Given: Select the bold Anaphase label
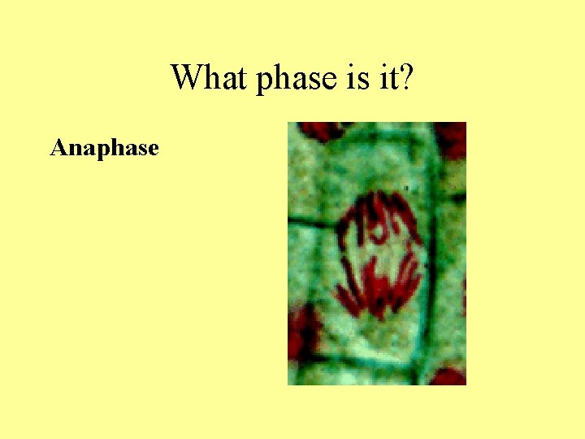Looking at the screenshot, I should (104, 149).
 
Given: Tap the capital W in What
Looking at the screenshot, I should (186, 78).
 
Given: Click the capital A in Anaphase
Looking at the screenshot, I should (58, 148).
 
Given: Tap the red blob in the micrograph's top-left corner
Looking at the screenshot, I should (317, 130).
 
